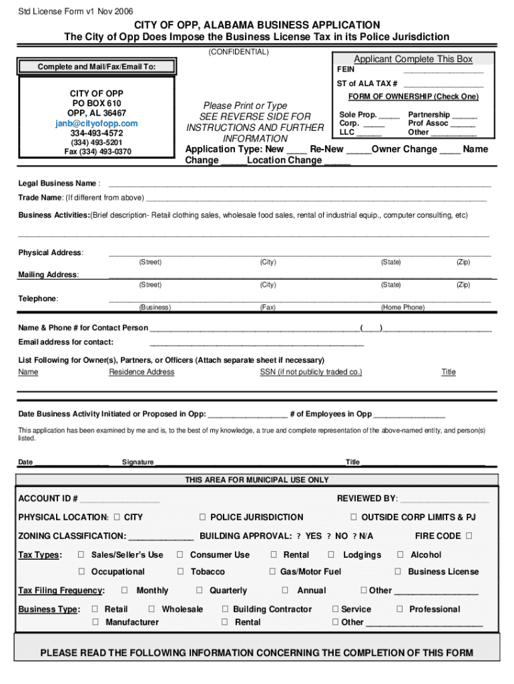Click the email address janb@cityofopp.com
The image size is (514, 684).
[97, 124]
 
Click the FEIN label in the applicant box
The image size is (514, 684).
[346, 69]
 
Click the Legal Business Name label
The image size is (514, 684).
[57, 184]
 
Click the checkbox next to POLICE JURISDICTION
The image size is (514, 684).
[202, 517]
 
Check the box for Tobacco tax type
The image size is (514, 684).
[180, 572]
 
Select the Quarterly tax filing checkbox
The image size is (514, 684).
[199, 590]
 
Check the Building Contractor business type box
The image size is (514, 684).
[225, 609]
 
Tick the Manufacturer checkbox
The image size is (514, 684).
[95, 623]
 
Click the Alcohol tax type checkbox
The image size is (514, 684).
[401, 554]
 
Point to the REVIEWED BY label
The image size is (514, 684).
[367, 499]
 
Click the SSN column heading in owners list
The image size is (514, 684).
[310, 372]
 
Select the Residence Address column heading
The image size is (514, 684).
[142, 372]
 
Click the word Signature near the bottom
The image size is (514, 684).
[138, 462]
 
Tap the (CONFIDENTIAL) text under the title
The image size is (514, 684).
[238, 52]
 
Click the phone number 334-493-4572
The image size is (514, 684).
[97, 134]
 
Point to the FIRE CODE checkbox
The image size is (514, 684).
[469, 536]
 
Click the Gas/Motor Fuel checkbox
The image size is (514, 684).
[272, 572]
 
